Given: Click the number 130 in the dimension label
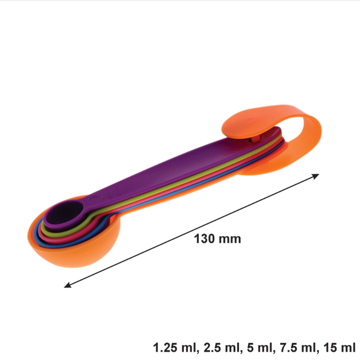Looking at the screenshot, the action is [204, 239].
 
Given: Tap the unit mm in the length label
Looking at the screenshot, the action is [230, 240].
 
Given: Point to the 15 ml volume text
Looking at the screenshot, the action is [340, 348].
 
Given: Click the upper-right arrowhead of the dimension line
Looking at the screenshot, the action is [316, 176].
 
